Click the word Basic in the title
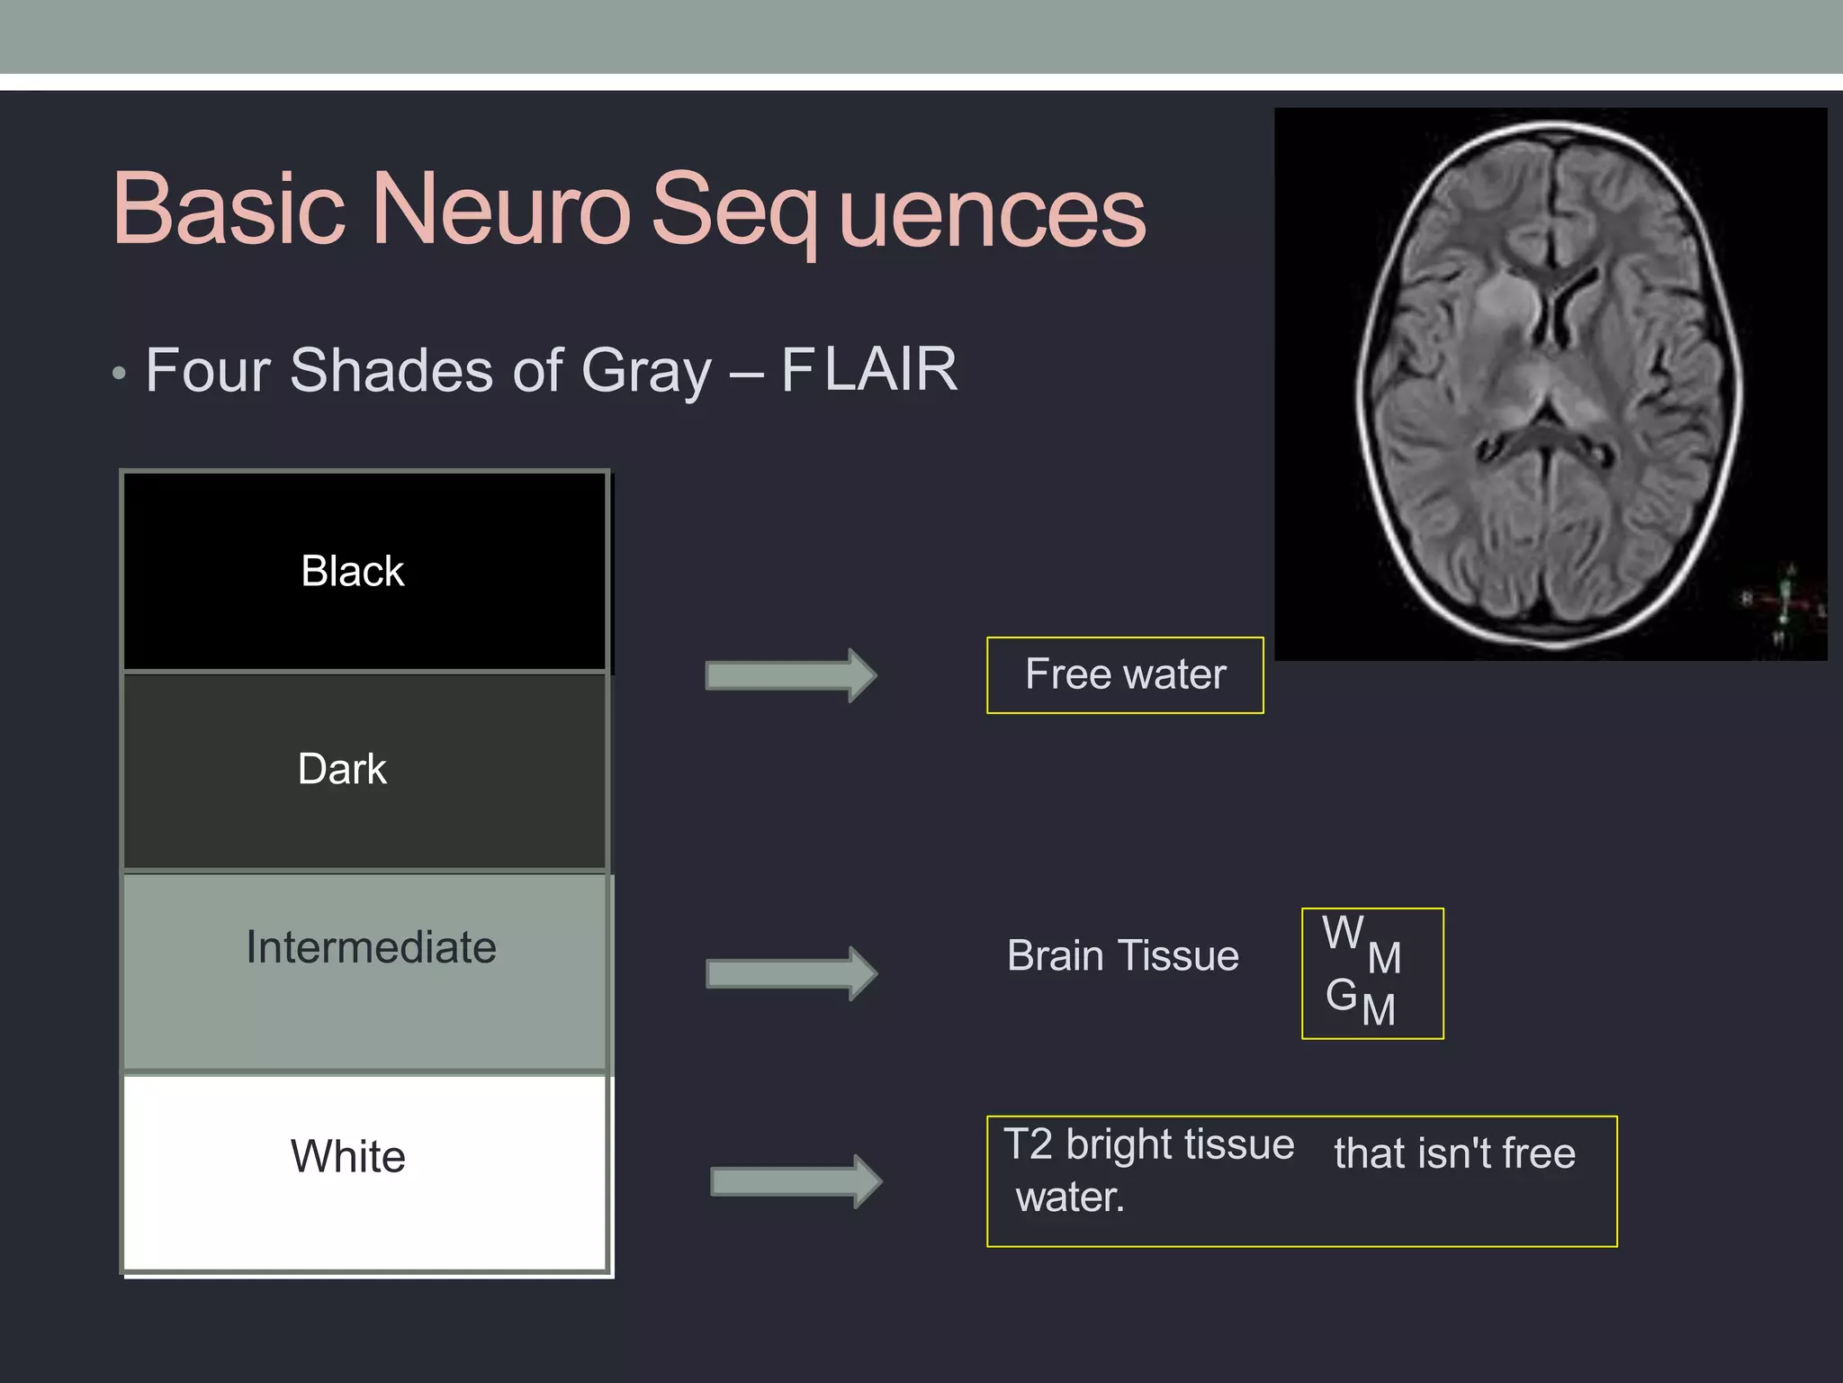click(x=229, y=210)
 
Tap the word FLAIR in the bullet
click(x=868, y=370)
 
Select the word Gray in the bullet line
click(x=646, y=372)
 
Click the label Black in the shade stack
click(x=352, y=571)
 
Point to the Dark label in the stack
click(x=342, y=770)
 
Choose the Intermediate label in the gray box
click(x=371, y=947)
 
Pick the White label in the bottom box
click(x=347, y=1157)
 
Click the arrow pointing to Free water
click(x=790, y=675)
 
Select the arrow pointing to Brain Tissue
click(x=790, y=973)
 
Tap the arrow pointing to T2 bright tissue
click(x=795, y=1181)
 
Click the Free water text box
click(x=1125, y=675)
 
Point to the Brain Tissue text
click(x=1122, y=956)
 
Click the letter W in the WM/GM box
click(x=1343, y=933)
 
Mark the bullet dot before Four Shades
click(x=119, y=374)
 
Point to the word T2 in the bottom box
click(x=1028, y=1144)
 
